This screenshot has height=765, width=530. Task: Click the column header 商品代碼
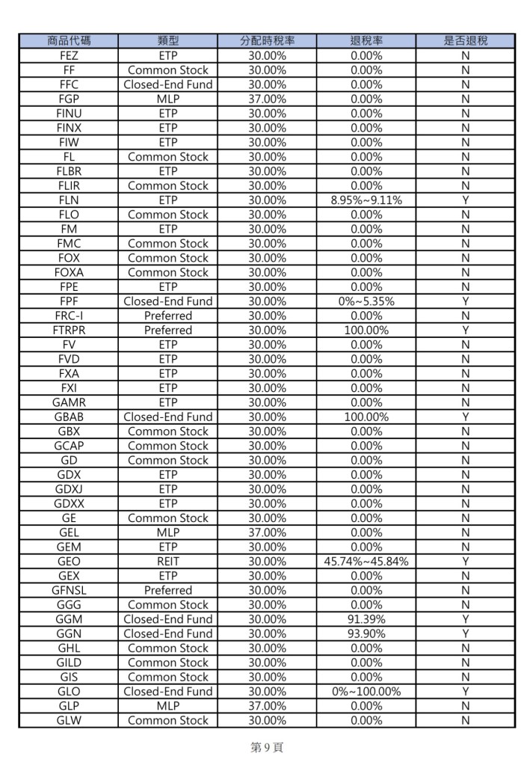(x=68, y=41)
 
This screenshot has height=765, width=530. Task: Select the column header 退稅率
(x=366, y=41)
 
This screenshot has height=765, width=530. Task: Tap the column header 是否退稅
(x=465, y=41)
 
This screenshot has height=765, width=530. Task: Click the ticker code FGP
(x=68, y=99)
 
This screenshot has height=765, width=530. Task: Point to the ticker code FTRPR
(x=68, y=330)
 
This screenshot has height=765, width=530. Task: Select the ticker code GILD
(x=68, y=663)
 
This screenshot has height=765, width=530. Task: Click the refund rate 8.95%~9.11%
(x=366, y=200)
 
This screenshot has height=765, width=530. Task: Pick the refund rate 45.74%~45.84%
(x=366, y=562)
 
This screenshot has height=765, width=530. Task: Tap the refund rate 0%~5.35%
(x=366, y=301)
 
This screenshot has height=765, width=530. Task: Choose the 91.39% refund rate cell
(x=366, y=619)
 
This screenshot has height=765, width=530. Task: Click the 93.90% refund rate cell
(x=366, y=633)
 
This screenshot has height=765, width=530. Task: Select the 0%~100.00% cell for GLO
(x=366, y=692)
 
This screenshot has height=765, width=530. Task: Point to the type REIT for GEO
(x=167, y=562)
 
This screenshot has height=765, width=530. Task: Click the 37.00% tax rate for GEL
(x=267, y=532)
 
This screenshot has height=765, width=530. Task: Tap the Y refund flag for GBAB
(x=465, y=417)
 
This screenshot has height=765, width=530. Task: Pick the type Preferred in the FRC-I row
(x=167, y=316)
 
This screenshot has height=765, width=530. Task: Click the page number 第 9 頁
(x=267, y=747)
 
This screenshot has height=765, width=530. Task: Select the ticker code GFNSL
(x=68, y=590)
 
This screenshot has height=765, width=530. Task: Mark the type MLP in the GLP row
(x=167, y=706)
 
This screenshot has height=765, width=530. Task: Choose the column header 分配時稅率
(x=267, y=41)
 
